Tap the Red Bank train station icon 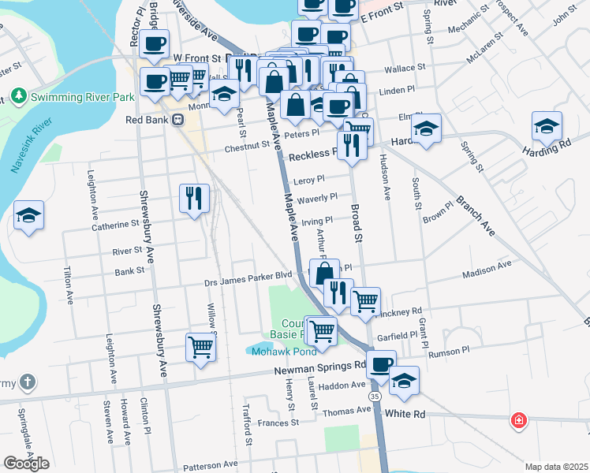click(179, 121)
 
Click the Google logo click(26, 464)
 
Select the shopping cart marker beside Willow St click(200, 345)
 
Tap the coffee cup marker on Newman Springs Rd click(381, 364)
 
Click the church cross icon click(27, 384)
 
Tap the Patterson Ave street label click(208, 464)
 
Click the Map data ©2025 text click(556, 467)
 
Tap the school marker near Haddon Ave click(404, 379)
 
